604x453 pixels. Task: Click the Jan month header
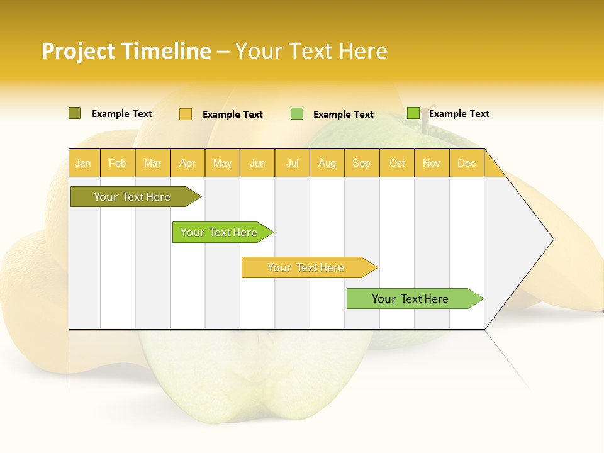[83, 163]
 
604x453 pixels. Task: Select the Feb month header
[118, 163]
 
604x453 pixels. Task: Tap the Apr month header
[187, 163]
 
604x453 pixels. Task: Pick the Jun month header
[257, 163]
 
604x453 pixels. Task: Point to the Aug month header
[327, 163]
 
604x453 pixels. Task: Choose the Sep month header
[361, 163]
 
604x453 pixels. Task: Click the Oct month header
[397, 163]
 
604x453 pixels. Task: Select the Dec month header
[466, 163]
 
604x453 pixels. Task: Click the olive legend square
[74, 113]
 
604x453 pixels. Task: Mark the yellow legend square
[185, 114]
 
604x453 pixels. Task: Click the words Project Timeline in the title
[126, 51]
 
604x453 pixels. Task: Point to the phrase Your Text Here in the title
[311, 51]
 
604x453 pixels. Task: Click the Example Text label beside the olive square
[122, 114]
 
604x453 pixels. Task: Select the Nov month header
[432, 163]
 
